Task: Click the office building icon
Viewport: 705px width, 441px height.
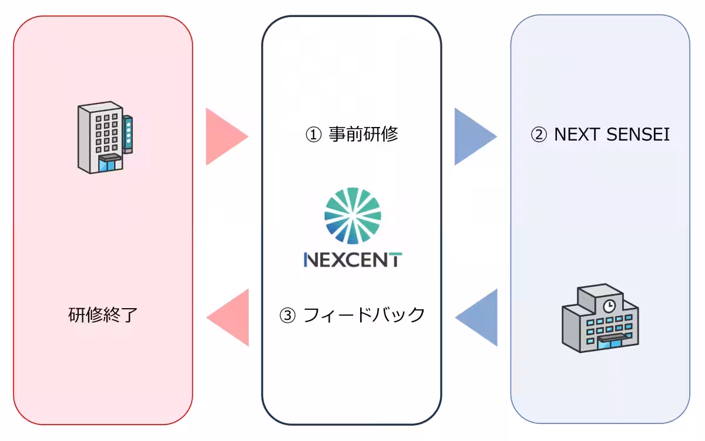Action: (104, 138)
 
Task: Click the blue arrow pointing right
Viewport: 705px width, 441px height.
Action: (473, 136)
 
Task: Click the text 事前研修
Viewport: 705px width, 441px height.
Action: (363, 135)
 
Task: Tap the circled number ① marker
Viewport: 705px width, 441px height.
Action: (313, 135)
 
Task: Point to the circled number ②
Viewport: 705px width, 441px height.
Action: (538, 135)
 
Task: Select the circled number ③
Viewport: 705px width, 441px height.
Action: (287, 316)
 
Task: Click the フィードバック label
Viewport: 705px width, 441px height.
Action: (364, 315)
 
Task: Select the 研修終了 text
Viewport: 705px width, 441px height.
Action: (103, 315)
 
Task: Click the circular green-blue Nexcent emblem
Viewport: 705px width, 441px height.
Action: (352, 215)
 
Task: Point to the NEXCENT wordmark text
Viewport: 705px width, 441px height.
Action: (352, 259)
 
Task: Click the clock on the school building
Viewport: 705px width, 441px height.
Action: (609, 305)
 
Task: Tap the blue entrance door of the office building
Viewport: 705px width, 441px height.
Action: (108, 164)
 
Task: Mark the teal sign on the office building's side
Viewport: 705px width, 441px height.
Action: (127, 134)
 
